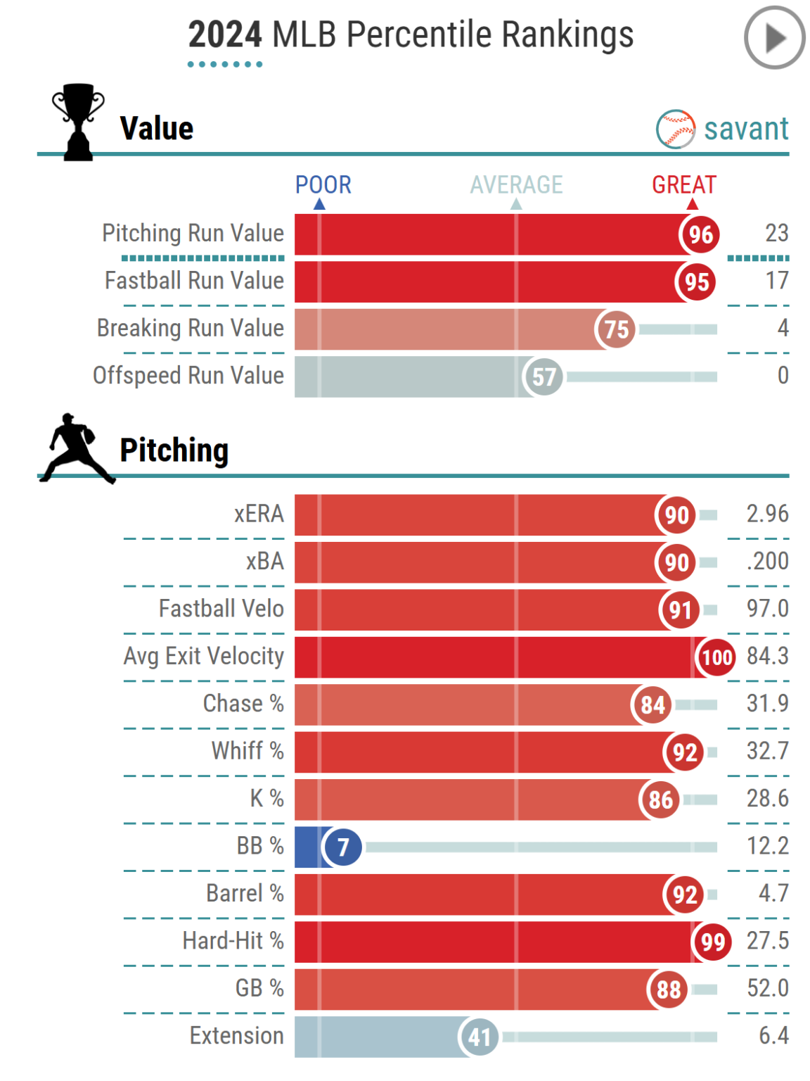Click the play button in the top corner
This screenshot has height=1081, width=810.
pyautogui.click(x=774, y=38)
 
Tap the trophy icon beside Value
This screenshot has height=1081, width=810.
pyautogui.click(x=78, y=122)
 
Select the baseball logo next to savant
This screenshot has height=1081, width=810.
pyautogui.click(x=676, y=129)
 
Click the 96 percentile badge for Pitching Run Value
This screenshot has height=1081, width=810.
pyautogui.click(x=700, y=234)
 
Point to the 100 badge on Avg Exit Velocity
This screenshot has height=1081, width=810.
pyautogui.click(x=716, y=657)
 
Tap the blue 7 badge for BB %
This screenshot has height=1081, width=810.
pyautogui.click(x=342, y=847)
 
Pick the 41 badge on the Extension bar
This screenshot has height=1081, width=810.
pyautogui.click(x=480, y=1037)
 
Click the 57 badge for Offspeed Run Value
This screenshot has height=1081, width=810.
pyautogui.click(x=544, y=377)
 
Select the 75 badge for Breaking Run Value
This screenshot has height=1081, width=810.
pyautogui.click(x=616, y=329)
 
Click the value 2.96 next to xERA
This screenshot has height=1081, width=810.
pyautogui.click(x=767, y=514)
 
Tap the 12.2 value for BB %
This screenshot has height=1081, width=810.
pyautogui.click(x=767, y=845)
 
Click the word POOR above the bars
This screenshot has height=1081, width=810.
pyautogui.click(x=323, y=184)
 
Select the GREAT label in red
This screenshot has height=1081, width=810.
pyautogui.click(x=683, y=184)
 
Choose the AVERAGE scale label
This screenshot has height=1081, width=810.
pyautogui.click(x=516, y=184)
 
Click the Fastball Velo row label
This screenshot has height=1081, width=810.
pyautogui.click(x=221, y=608)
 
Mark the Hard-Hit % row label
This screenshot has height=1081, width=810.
pyautogui.click(x=233, y=940)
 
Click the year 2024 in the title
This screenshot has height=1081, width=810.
pyautogui.click(x=225, y=34)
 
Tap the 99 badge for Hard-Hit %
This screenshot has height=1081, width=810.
pyautogui.click(x=713, y=942)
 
